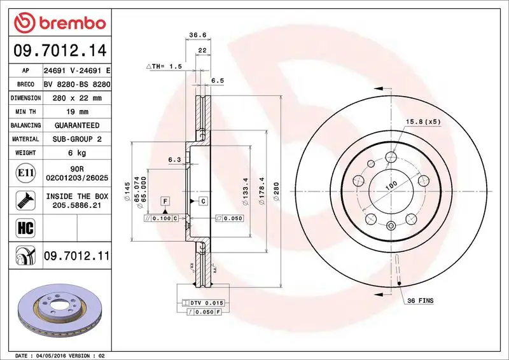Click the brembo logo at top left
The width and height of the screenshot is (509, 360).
(x=59, y=24)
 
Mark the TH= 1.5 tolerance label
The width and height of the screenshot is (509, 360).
(x=165, y=66)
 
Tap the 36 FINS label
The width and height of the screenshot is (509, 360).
(x=420, y=299)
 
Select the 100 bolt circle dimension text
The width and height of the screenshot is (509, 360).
(x=391, y=185)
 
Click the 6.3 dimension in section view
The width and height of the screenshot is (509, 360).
(x=174, y=160)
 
